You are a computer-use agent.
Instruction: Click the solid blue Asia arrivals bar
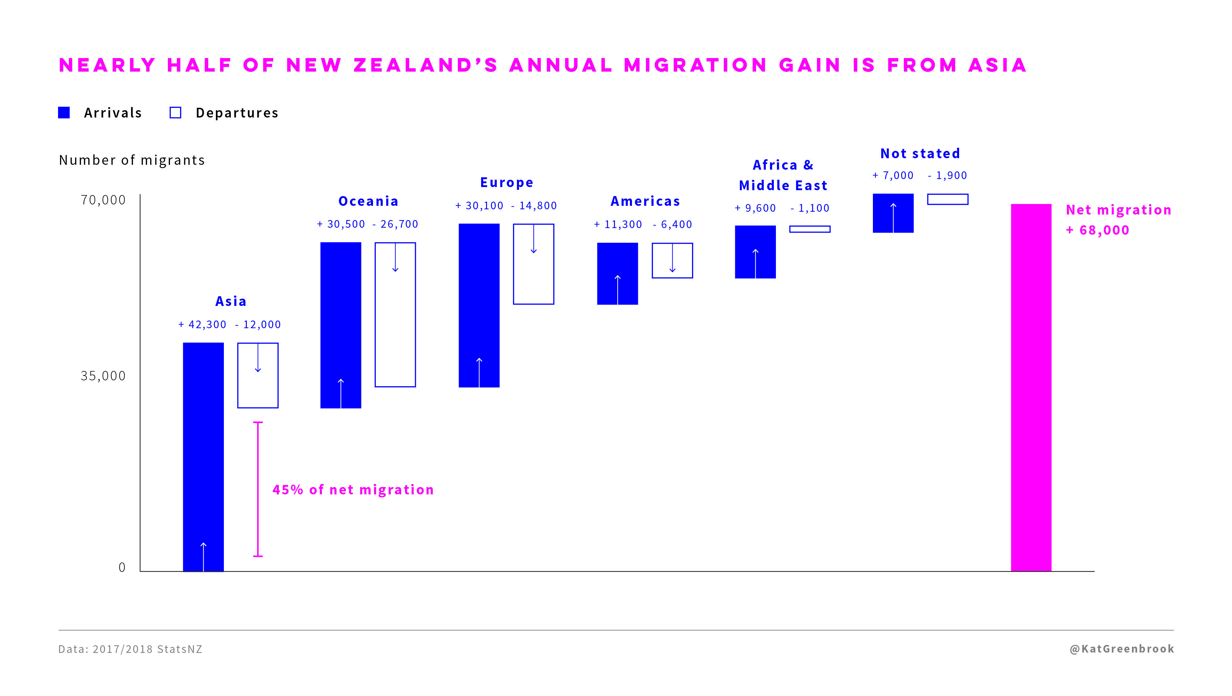[203, 456]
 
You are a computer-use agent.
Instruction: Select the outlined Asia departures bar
[258, 375]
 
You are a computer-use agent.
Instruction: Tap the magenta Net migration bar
[1031, 388]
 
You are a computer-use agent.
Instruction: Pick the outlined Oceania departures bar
[395, 314]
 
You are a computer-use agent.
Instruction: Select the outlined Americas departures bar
[672, 260]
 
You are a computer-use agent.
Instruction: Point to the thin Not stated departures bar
[947, 199]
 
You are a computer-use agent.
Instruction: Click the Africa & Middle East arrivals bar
[755, 252]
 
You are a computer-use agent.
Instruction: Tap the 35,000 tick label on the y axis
[103, 376]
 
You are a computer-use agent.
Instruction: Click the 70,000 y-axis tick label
[103, 200]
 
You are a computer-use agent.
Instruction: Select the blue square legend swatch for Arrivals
[64, 112]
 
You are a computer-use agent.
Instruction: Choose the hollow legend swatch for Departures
[176, 112]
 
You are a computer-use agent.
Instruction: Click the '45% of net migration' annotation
[353, 490]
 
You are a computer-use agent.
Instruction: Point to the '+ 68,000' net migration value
[1097, 230]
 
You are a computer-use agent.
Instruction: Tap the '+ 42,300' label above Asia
[202, 325]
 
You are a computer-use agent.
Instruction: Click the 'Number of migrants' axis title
[131, 160]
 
